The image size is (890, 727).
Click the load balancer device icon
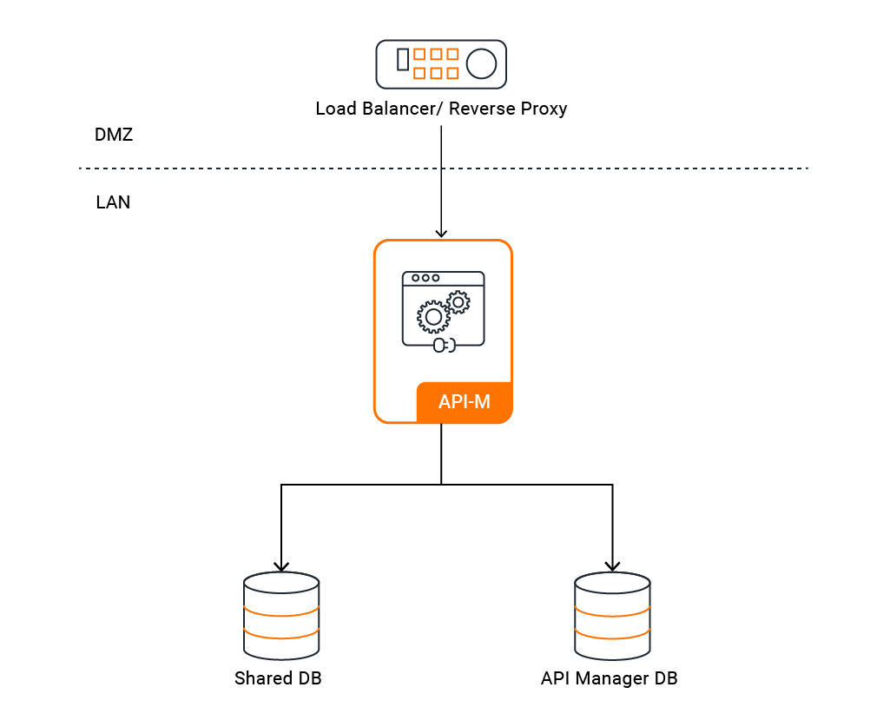pyautogui.click(x=441, y=63)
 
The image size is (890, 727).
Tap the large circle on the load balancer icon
pyautogui.click(x=481, y=63)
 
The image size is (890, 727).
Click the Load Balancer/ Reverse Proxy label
pyautogui.click(x=441, y=109)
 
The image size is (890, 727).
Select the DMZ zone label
pyautogui.click(x=113, y=135)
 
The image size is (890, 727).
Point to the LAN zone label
pyautogui.click(x=113, y=203)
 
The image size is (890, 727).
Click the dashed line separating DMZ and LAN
pyautogui.click(x=260, y=168)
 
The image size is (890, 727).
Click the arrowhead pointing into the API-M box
pyautogui.click(x=441, y=233)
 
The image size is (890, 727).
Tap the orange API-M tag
pyautogui.click(x=464, y=403)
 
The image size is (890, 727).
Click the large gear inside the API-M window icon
pyautogui.click(x=433, y=317)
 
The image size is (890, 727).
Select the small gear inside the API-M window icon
pyautogui.click(x=458, y=301)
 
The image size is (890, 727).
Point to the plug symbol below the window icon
pyautogui.click(x=443, y=346)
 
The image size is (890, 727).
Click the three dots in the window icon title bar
pyautogui.click(x=425, y=278)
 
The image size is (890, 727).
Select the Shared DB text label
pyautogui.click(x=278, y=678)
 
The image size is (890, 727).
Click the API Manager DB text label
pyautogui.click(x=609, y=678)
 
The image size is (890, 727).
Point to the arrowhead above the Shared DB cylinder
pyautogui.click(x=281, y=566)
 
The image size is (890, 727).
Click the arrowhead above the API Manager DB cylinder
pyautogui.click(x=612, y=566)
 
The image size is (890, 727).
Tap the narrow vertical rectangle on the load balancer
pyautogui.click(x=402, y=59)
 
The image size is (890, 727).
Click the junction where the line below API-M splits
pyautogui.click(x=441, y=485)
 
